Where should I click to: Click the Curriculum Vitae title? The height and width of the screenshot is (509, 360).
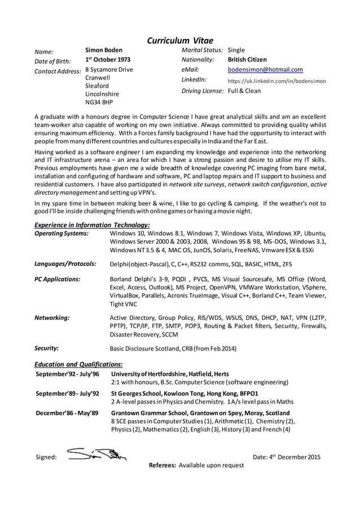[180, 40]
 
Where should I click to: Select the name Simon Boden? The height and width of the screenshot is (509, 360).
[104, 50]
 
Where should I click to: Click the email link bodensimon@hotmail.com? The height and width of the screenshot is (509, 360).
[265, 70]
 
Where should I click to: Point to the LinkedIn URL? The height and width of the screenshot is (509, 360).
[276, 81]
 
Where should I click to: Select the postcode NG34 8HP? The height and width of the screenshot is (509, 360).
[99, 103]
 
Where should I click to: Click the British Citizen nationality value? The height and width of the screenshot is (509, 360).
[247, 60]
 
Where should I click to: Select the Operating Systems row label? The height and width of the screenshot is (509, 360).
[62, 234]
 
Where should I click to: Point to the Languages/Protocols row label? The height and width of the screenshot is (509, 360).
[65, 264]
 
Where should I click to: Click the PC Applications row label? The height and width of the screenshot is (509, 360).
[58, 279]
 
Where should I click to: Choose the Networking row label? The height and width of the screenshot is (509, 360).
[52, 318]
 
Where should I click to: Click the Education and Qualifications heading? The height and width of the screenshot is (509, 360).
[78, 365]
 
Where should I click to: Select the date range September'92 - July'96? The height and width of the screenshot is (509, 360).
[67, 374]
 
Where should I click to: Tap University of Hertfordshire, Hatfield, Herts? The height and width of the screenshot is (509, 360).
[170, 374]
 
